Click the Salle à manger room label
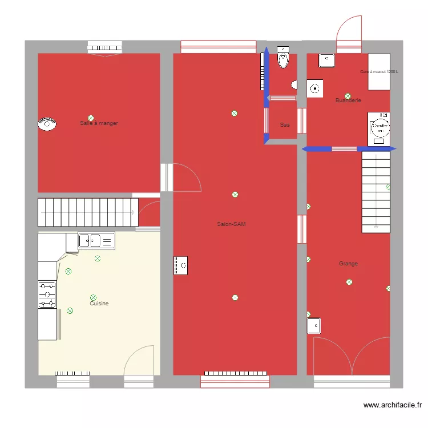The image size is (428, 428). coord(99,123)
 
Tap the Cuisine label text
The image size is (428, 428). coord(99,304)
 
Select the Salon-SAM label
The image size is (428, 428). coord(231,224)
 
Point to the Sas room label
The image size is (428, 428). coord(284,124)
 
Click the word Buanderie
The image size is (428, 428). coord(348,100)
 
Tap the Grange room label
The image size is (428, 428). coord(348,264)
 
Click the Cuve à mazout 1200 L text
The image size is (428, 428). coord(379,72)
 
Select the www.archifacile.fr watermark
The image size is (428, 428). coord(393,406)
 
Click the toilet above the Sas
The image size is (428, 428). coord(283,58)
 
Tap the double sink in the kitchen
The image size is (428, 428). coord(96,241)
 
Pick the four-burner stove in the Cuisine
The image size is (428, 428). coord(47,294)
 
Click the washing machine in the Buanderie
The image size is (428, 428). coord(379,128)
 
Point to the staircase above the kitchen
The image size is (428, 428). coord(88,212)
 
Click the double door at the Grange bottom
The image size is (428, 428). coord(352,356)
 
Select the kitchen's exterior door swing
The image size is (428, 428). coord(139,361)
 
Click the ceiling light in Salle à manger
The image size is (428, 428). coord(90,118)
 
